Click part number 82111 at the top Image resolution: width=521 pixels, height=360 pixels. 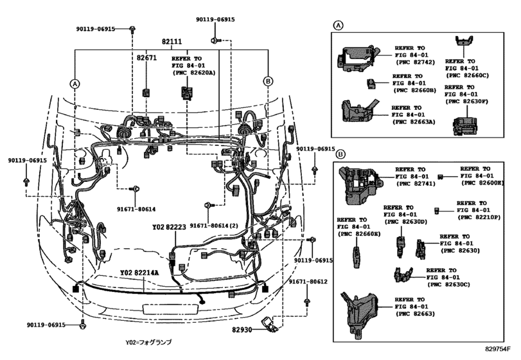point(172,42)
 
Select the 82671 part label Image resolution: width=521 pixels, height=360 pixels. point(146,58)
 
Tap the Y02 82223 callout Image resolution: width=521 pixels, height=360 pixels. point(169,228)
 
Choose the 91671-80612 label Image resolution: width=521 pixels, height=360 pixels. point(308,282)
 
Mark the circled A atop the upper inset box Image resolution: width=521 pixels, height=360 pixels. point(338,25)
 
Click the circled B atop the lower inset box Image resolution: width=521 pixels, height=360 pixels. point(340,154)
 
